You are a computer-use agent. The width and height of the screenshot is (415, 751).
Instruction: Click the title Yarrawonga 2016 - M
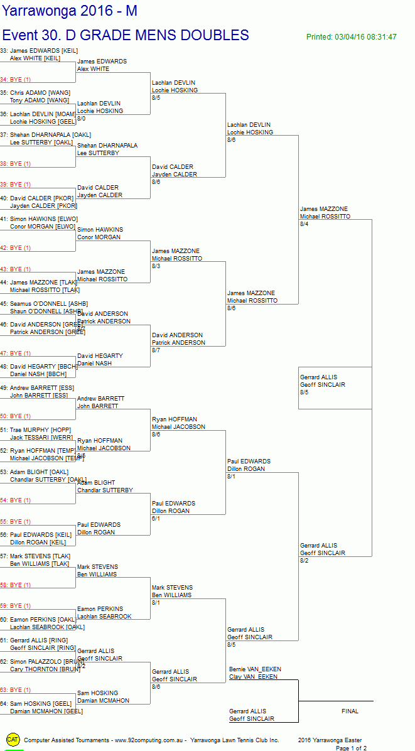[x=69, y=11]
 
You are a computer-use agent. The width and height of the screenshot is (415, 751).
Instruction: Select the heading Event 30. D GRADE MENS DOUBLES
[x=126, y=35]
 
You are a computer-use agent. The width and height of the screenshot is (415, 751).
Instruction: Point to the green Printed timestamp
[x=351, y=37]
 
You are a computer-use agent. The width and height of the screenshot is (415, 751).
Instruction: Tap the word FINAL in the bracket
[x=350, y=711]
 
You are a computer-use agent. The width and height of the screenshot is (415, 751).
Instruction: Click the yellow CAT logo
[x=13, y=740]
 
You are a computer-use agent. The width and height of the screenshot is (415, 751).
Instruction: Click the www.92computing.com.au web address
[x=149, y=740]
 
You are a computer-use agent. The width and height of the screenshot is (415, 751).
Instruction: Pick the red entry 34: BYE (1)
[x=16, y=80]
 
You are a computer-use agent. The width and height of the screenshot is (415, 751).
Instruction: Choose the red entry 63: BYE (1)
[x=16, y=690]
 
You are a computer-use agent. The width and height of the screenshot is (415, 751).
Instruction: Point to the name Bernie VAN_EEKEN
[x=255, y=669]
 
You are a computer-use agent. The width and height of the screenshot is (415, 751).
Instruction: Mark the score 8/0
[x=82, y=119]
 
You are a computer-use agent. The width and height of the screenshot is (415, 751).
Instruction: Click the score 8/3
[x=156, y=266]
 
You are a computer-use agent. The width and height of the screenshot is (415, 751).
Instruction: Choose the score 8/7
[x=156, y=350]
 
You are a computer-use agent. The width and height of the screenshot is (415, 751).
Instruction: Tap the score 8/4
[x=305, y=224]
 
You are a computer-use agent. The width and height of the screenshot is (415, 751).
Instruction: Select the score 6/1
[x=156, y=519]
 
